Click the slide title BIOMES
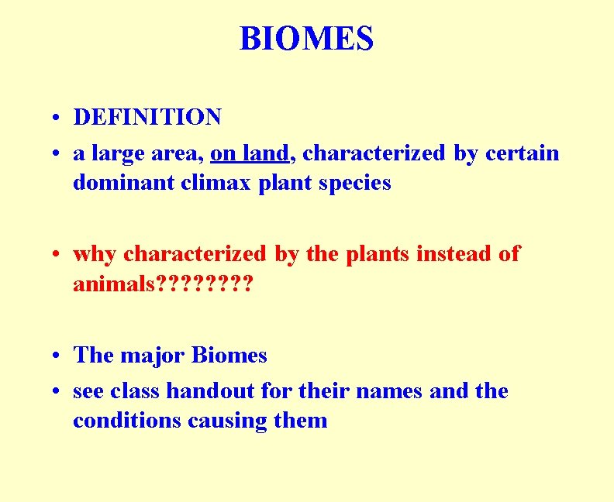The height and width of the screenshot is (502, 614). (x=306, y=38)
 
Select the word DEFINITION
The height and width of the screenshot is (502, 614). (x=147, y=118)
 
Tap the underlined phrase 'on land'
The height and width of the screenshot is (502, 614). (x=250, y=153)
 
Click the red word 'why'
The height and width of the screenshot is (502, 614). (x=95, y=254)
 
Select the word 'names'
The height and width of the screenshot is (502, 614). (x=390, y=391)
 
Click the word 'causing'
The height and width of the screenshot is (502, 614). (x=226, y=421)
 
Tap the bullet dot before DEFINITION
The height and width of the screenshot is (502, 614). (x=57, y=119)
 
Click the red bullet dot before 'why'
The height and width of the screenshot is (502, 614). (x=57, y=255)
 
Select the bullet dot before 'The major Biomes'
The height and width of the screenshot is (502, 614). (x=57, y=356)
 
